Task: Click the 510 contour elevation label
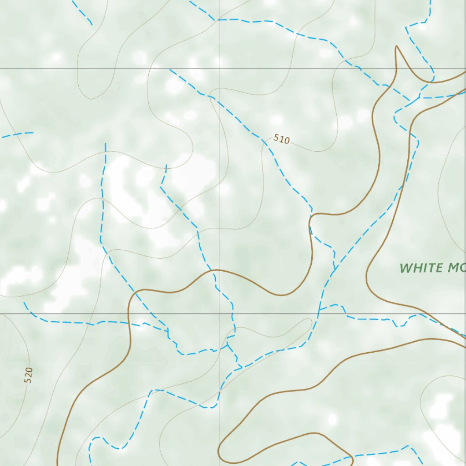point(282,139)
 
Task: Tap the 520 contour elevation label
point(28,375)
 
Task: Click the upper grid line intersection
point(220,69)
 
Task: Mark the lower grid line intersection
point(220,314)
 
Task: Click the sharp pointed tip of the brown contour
point(397,46)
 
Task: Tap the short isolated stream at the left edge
point(17,134)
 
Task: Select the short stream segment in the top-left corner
point(82,12)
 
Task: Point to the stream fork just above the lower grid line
point(319,309)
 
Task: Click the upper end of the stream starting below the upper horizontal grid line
point(170,70)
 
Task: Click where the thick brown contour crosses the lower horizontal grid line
point(129,314)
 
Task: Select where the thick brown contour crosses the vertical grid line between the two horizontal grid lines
point(220,270)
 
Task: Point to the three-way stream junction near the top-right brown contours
point(419,97)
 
